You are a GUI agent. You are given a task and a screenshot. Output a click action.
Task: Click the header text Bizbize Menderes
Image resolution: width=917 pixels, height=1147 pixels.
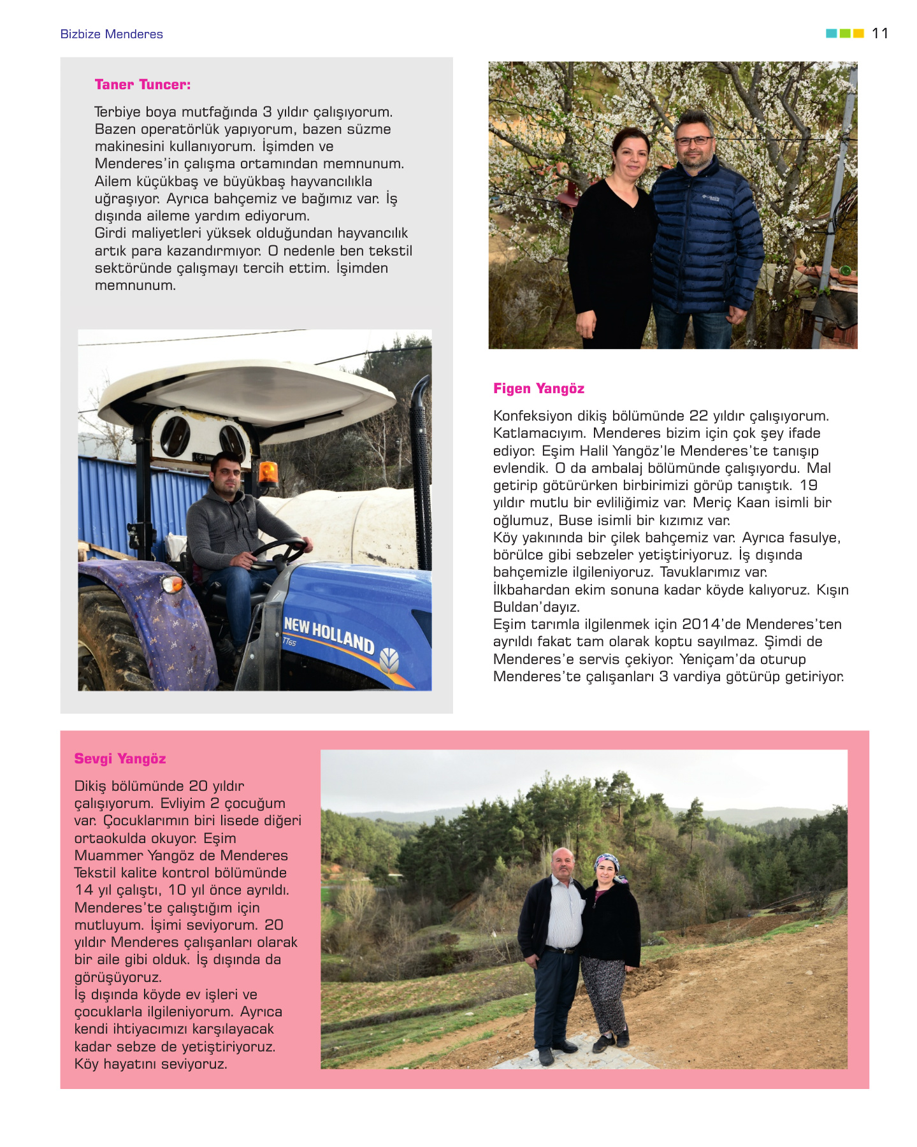(112, 34)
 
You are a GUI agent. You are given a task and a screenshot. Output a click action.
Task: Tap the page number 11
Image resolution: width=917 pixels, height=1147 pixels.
(880, 33)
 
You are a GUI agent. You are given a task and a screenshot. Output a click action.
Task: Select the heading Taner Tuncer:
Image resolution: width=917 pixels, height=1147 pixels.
(143, 85)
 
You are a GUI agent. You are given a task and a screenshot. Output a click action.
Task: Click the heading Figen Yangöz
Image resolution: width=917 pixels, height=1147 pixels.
(538, 389)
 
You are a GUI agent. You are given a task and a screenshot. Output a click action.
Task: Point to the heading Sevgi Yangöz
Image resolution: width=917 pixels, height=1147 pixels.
(120, 759)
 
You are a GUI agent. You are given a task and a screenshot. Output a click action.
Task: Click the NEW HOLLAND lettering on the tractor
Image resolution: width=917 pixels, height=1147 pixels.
(329, 634)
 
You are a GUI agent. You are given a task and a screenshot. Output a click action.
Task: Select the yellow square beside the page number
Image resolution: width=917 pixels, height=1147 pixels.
(858, 33)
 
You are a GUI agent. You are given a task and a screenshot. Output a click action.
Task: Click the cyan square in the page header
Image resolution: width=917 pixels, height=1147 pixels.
(831, 33)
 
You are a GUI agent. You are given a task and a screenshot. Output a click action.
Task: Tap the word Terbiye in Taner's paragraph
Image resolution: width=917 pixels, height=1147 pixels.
(117, 112)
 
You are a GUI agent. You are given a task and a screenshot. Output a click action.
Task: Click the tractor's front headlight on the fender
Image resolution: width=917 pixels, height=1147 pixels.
(172, 583)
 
